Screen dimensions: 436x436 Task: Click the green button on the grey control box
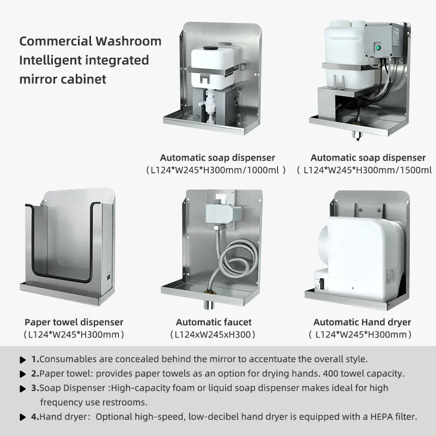[378, 47]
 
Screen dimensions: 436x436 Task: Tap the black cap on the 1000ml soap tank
[209, 48]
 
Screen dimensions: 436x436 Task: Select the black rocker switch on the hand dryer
[322, 283]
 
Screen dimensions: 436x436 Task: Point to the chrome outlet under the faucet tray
[209, 305]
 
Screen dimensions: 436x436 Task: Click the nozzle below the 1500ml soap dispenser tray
[357, 135]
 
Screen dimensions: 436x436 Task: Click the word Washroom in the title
[129, 41]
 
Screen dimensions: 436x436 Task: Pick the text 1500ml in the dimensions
[416, 170]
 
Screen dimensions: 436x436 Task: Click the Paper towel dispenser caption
[74, 322]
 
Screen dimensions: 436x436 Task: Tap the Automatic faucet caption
[214, 322]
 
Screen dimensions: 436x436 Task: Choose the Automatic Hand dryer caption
[362, 322]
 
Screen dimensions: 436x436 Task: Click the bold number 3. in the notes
[35, 387]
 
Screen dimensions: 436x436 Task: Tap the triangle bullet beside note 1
[23, 360]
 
